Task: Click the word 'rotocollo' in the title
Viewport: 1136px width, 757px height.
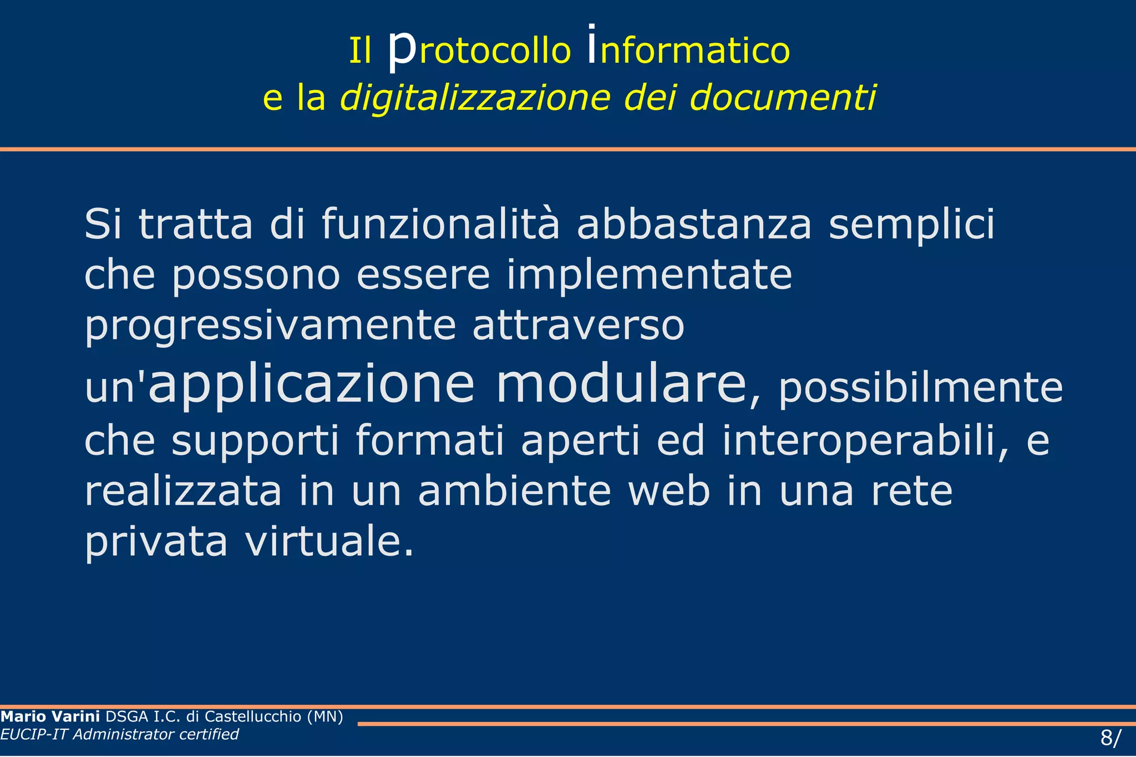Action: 495,51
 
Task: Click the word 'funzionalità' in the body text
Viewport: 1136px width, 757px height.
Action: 440,225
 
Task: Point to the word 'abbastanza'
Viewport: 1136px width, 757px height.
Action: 694,225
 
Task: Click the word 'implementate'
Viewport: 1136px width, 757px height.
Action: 649,276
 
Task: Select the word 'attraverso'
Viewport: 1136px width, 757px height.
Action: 578,326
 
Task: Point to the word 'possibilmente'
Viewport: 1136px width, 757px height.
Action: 921,389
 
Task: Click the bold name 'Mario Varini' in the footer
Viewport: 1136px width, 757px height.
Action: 50,717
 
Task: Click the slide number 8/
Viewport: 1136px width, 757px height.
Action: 1110,738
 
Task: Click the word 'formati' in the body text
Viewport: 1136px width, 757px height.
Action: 429,441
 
